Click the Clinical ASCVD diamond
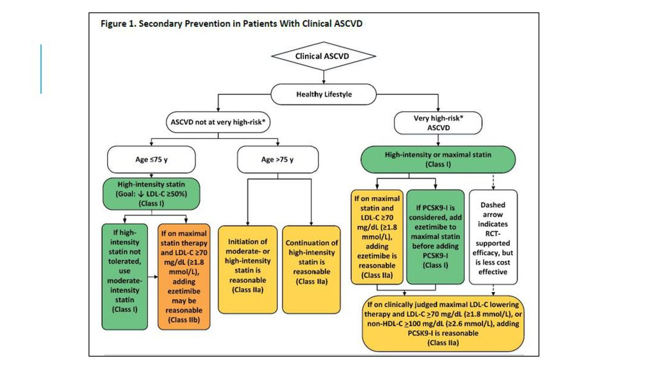324,56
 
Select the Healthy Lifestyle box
324,94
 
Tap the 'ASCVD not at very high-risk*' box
218,122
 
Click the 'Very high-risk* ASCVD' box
438,123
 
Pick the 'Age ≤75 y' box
151,160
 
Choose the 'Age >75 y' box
278,160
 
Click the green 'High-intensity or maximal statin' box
438,160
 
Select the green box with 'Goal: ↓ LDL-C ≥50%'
151,193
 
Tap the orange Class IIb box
184,277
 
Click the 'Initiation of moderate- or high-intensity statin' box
248,270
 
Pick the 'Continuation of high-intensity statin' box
312,270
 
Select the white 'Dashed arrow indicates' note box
493,237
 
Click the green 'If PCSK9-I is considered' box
436,237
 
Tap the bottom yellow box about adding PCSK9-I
443,324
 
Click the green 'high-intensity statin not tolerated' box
125,277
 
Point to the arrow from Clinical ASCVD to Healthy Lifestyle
324,77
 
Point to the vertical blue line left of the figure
41,69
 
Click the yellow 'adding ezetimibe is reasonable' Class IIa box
377,237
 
